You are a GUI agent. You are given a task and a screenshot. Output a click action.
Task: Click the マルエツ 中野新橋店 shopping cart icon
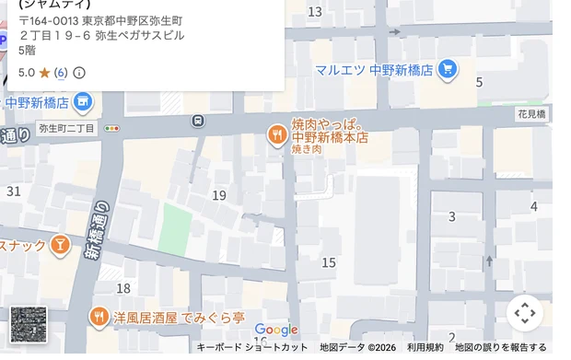[448, 68]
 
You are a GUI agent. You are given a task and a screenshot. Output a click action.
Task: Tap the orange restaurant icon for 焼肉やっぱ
[276, 136]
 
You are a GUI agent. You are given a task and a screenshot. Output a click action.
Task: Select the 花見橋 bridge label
[531, 114]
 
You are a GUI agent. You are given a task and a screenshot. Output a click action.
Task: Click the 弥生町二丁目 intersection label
[66, 128]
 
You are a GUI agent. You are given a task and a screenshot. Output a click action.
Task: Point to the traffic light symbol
[112, 128]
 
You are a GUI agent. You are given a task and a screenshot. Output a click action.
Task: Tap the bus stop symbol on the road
[197, 121]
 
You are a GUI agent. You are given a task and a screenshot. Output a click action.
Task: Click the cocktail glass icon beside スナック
[60, 244]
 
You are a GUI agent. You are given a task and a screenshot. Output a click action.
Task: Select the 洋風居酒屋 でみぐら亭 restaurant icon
[99, 318]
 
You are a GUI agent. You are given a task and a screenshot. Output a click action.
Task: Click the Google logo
[276, 330]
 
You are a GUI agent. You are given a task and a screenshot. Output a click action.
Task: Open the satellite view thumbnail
[28, 324]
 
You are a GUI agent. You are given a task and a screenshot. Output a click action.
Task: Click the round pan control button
[525, 313]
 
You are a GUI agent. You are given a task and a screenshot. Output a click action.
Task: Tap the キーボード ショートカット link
[252, 347]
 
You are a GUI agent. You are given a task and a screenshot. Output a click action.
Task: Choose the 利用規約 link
[425, 347]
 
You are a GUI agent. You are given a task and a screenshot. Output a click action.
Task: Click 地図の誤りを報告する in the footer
[502, 347]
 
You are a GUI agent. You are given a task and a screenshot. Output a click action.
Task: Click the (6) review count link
[61, 72]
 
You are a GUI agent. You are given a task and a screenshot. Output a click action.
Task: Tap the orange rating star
[44, 72]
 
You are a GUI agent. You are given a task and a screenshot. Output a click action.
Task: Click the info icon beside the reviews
[79, 72]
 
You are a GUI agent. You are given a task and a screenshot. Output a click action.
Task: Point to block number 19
[219, 195]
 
